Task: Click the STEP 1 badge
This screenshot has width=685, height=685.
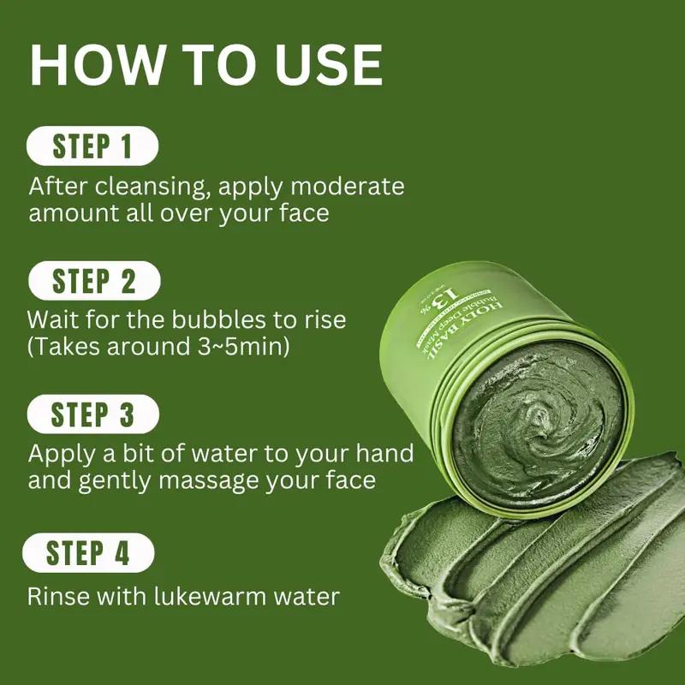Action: tap(92, 146)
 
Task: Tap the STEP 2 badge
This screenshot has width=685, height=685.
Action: tap(93, 281)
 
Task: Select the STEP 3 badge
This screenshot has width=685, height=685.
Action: tap(92, 415)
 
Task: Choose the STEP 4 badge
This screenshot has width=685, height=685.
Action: tap(88, 552)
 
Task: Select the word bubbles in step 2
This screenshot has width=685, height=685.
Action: tap(194, 320)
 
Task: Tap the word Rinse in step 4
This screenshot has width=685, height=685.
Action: tap(57, 596)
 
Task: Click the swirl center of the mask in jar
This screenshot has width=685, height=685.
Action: tap(538, 418)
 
